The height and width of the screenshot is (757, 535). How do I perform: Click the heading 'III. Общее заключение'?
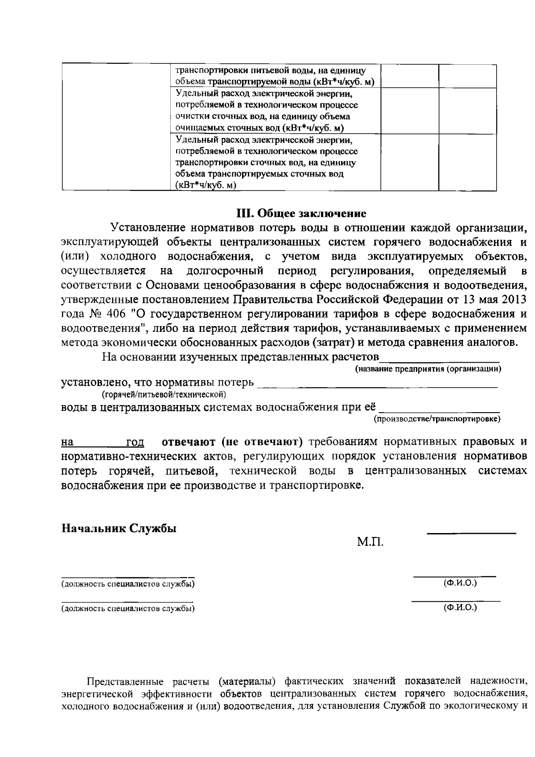(301, 213)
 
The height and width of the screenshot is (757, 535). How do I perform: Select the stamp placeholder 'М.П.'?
(370, 542)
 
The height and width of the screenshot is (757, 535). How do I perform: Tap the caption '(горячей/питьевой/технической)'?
(163, 394)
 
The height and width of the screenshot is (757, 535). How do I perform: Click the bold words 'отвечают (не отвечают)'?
(232, 442)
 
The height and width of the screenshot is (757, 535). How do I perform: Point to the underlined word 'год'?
(135, 443)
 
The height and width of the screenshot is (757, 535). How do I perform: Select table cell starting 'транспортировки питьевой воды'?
(274, 76)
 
